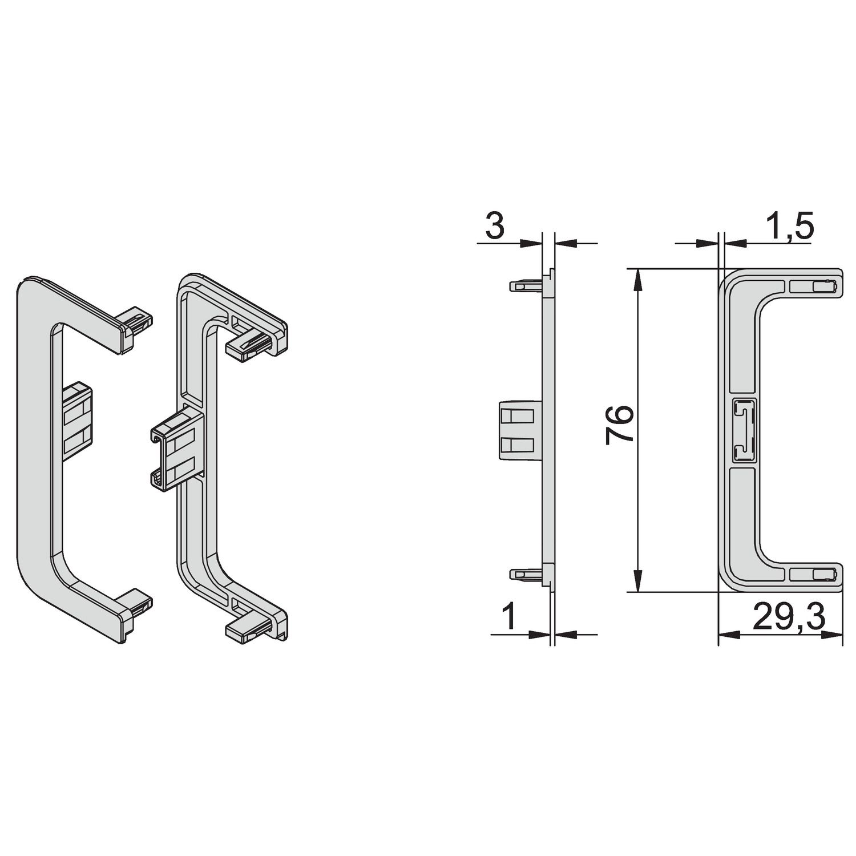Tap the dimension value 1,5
click(788, 227)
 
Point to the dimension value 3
click(495, 226)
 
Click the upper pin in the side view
click(525, 285)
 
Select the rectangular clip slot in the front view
click(744, 430)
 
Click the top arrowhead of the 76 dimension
click(638, 279)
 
